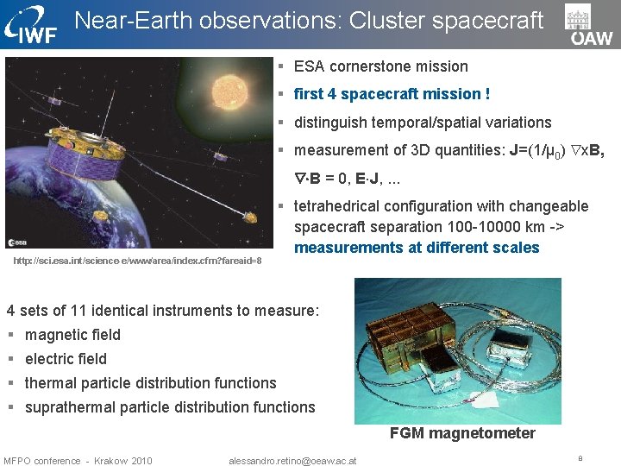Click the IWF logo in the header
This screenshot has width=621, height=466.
click(x=33, y=24)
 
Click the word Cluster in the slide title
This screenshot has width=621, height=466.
click(x=390, y=21)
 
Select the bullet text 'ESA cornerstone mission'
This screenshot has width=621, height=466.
click(x=380, y=66)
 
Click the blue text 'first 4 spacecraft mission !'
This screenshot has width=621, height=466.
click(x=392, y=94)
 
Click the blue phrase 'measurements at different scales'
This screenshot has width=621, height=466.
click(x=417, y=248)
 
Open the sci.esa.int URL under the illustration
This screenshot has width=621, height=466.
click(x=137, y=261)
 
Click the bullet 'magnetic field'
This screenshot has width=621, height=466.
click(x=72, y=335)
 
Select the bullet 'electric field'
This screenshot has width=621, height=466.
click(x=66, y=359)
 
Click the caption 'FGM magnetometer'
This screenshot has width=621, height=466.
click(x=462, y=433)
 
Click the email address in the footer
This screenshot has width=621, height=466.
click(x=292, y=460)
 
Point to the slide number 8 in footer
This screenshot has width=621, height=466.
click(x=580, y=459)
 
